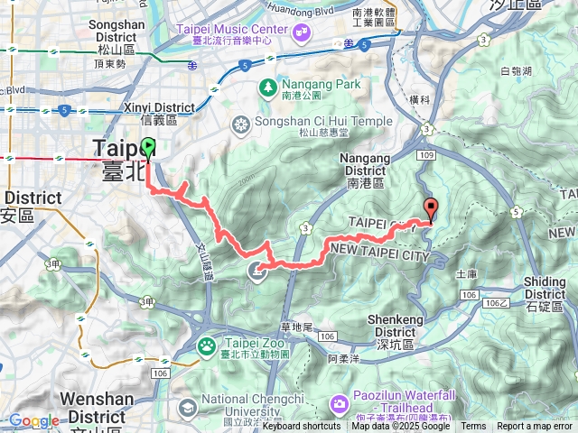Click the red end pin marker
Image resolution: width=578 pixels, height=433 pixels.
pos(431,209)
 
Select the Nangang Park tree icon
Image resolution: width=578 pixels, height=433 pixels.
pos(267,88)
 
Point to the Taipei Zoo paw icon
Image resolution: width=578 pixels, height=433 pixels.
pos(208,344)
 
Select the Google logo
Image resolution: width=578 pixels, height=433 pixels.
pos(33,420)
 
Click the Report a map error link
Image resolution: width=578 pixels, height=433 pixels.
pos(535,426)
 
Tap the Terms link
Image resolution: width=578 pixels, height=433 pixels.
pos(473,426)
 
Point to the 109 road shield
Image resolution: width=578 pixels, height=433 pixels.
pos(427,155)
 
